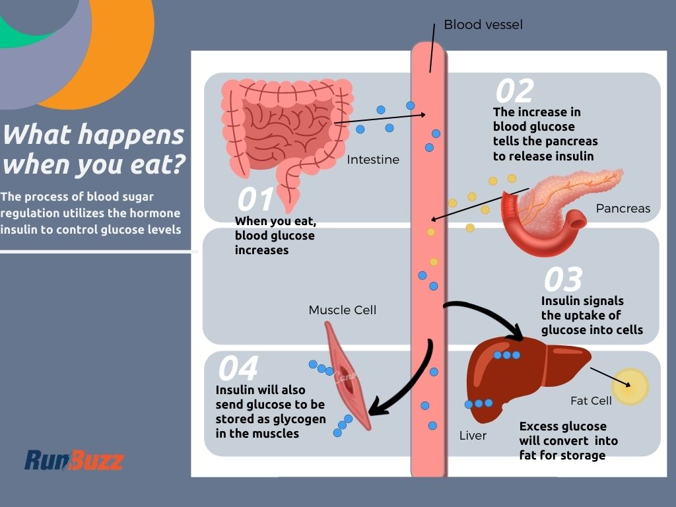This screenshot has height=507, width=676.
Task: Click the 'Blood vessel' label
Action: click(483, 25)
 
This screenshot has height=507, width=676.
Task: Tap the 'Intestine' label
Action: click(373, 160)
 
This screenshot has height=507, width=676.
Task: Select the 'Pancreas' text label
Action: click(623, 209)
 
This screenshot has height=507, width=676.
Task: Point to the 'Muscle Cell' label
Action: click(342, 310)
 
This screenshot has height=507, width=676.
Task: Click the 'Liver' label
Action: click(473, 436)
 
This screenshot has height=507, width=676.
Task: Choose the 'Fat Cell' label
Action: click(591, 401)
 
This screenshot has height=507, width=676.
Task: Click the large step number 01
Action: click(255, 200)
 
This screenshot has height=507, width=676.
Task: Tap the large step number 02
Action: click(514, 91)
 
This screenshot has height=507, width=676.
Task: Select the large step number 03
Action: click(562, 280)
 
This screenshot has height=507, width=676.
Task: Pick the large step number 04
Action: click(238, 369)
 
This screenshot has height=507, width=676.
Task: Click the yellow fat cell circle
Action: click(630, 386)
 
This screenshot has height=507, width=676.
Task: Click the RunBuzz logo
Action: click(74, 460)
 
